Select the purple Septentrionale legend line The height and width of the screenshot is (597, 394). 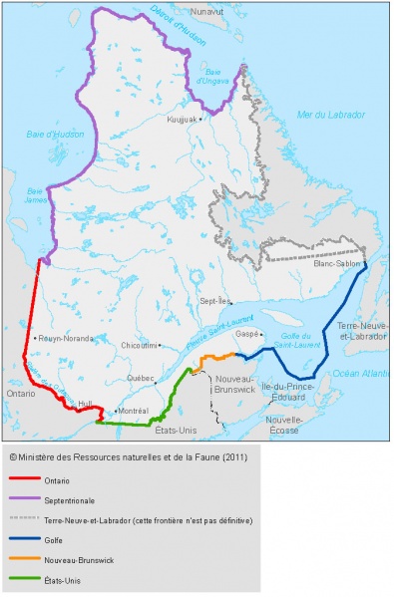(22, 501)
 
